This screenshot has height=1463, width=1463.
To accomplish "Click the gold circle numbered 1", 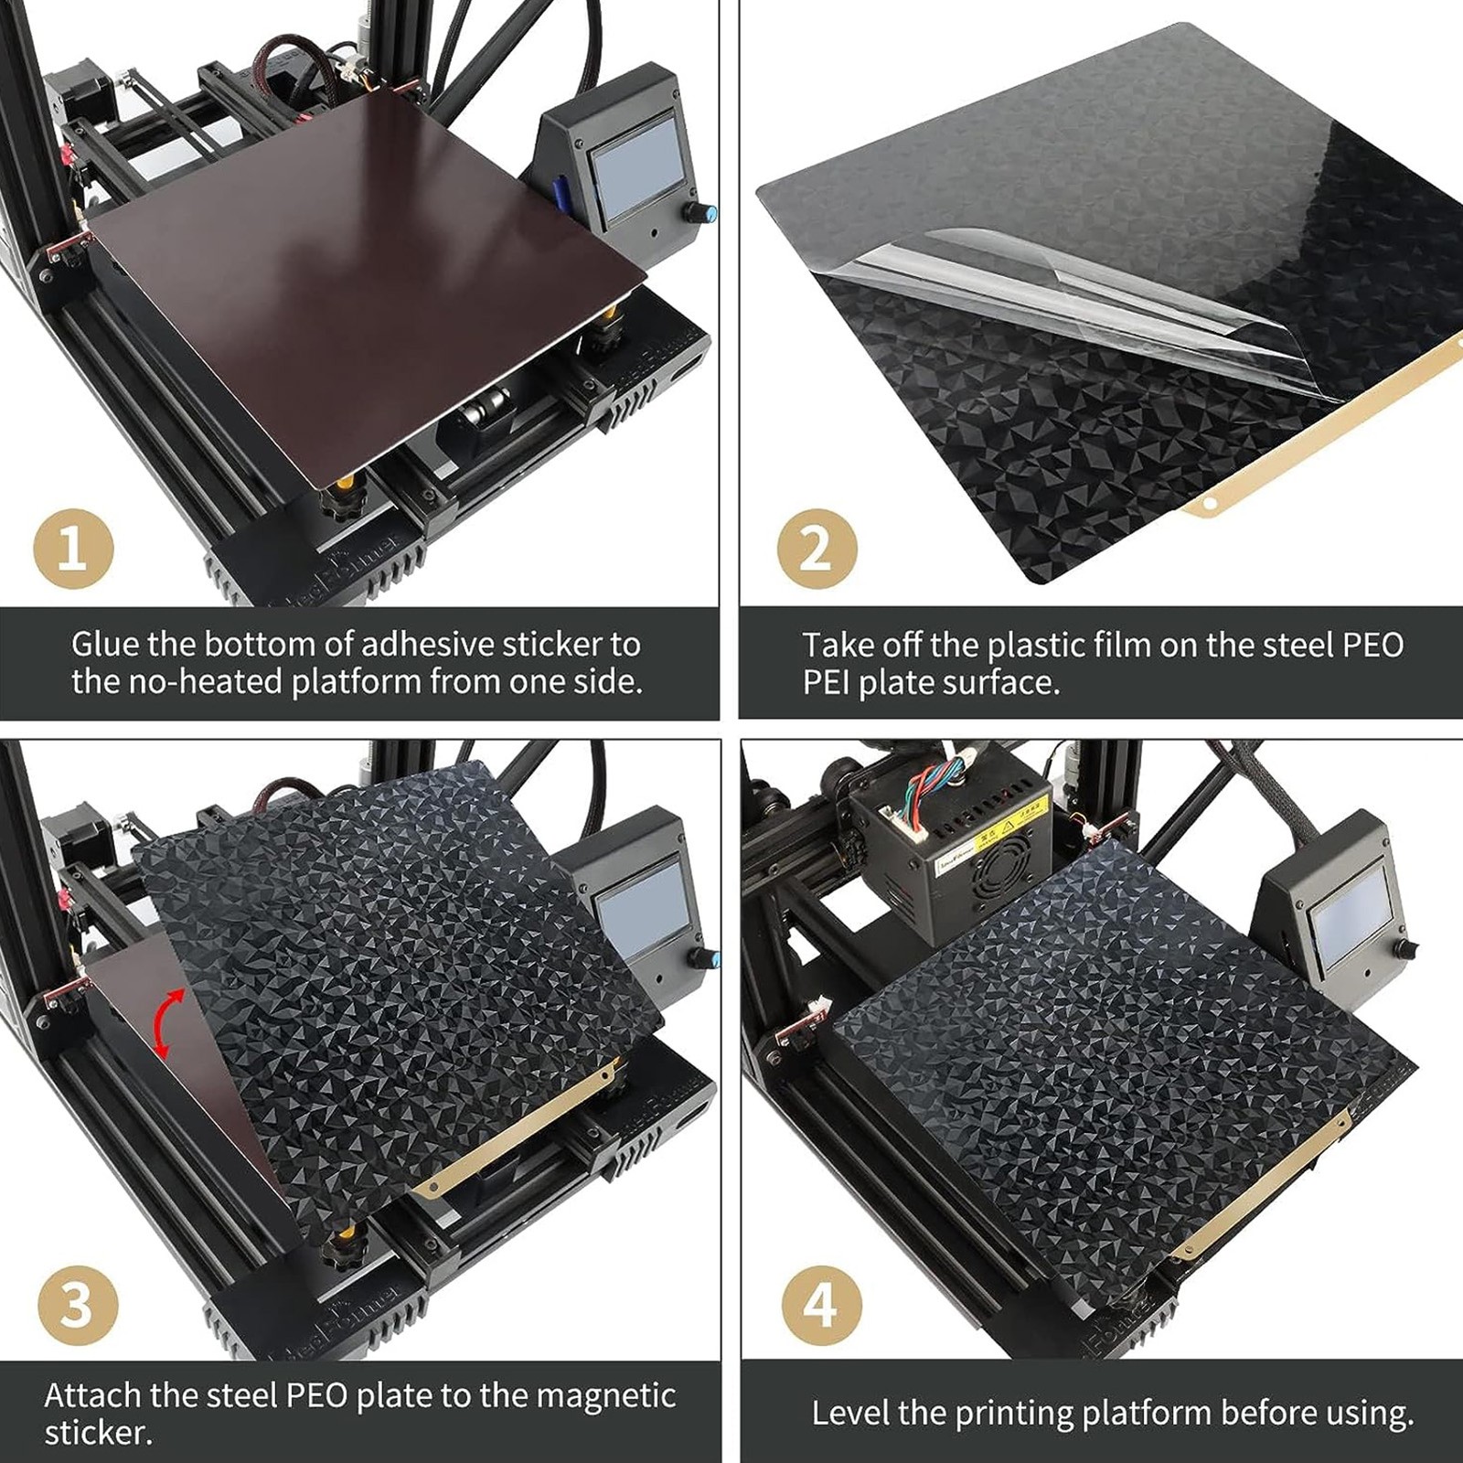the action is [x=73, y=550].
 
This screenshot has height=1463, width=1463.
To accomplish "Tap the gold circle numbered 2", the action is [x=817, y=550].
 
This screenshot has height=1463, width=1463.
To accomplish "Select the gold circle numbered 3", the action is [x=78, y=1306].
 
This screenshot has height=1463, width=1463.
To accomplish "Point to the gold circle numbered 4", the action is [x=822, y=1306].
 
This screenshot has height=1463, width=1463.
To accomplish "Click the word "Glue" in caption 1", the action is [x=104, y=645].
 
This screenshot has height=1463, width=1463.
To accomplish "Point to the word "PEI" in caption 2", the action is [x=826, y=683].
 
